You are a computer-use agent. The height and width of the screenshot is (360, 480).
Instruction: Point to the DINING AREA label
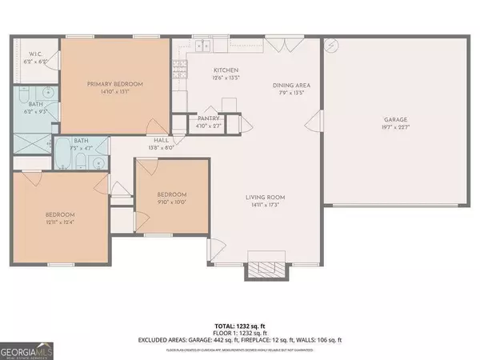click(x=291, y=85)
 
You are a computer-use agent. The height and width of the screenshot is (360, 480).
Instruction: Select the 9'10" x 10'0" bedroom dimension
click(x=171, y=202)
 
